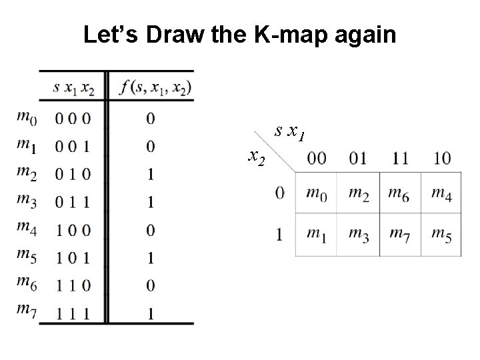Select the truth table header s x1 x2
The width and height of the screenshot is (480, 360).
(x=73, y=87)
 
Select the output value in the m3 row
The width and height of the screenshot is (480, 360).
(x=150, y=202)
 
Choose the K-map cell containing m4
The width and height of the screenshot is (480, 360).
(x=441, y=193)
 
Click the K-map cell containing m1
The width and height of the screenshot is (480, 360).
(x=317, y=234)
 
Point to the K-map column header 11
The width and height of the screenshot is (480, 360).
(x=400, y=159)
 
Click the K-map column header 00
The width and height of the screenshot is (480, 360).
(x=317, y=159)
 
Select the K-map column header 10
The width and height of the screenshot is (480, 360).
(x=441, y=159)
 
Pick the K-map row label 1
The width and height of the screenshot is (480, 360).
(x=280, y=234)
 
